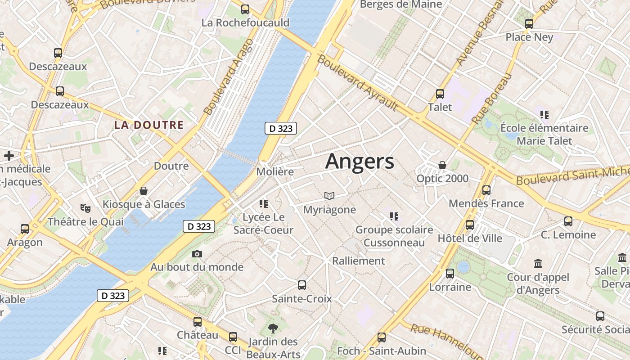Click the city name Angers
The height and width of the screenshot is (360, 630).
360,161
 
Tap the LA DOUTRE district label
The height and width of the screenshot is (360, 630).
149,125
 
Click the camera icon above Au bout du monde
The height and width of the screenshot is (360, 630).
197,254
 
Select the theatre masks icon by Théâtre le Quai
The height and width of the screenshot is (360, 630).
85,208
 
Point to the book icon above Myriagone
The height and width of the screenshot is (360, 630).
329,196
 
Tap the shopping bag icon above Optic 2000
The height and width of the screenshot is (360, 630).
442,165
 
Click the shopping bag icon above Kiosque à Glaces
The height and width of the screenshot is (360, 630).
144,191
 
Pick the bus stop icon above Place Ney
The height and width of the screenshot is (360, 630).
529,24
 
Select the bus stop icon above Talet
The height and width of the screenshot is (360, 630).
440,94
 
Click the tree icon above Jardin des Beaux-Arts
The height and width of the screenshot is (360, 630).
273,328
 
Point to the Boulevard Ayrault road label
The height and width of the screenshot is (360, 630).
357,83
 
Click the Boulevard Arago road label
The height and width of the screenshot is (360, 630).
228,77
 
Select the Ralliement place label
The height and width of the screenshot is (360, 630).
359,261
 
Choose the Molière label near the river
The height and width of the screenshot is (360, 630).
275,172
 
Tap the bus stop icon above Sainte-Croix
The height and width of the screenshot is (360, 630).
302,285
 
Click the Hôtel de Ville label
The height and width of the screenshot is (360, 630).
470,238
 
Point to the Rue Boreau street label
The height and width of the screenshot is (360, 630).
492,99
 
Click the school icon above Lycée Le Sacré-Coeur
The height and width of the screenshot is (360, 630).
264,204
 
